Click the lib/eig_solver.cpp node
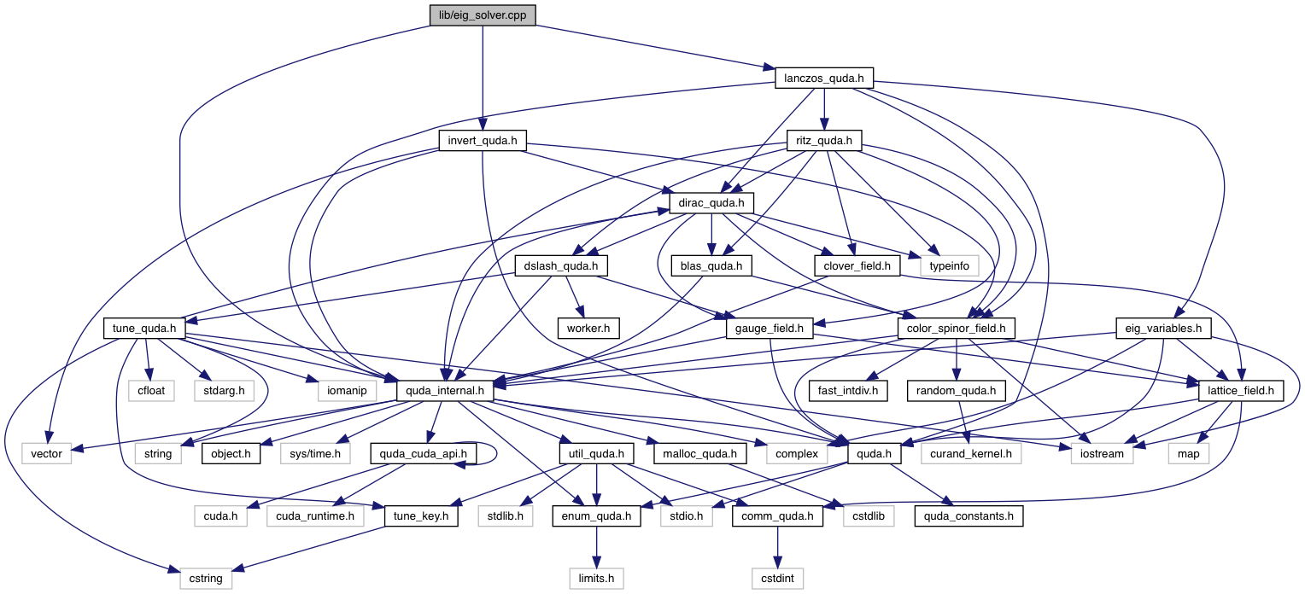point(483,15)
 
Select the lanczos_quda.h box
point(824,79)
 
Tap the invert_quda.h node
point(482,141)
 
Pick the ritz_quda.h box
point(824,141)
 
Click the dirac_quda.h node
point(712,203)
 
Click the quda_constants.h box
point(968,515)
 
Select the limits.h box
point(596,578)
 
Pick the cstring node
point(205,578)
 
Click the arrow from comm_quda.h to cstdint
point(778,546)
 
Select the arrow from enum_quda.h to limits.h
point(596,546)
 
